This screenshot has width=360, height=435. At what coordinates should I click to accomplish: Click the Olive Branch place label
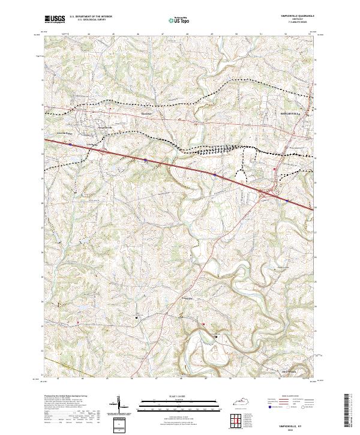(290, 370)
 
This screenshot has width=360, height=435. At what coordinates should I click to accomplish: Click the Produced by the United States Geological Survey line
(66, 397)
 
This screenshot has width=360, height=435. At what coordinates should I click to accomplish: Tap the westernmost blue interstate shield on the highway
(71, 145)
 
